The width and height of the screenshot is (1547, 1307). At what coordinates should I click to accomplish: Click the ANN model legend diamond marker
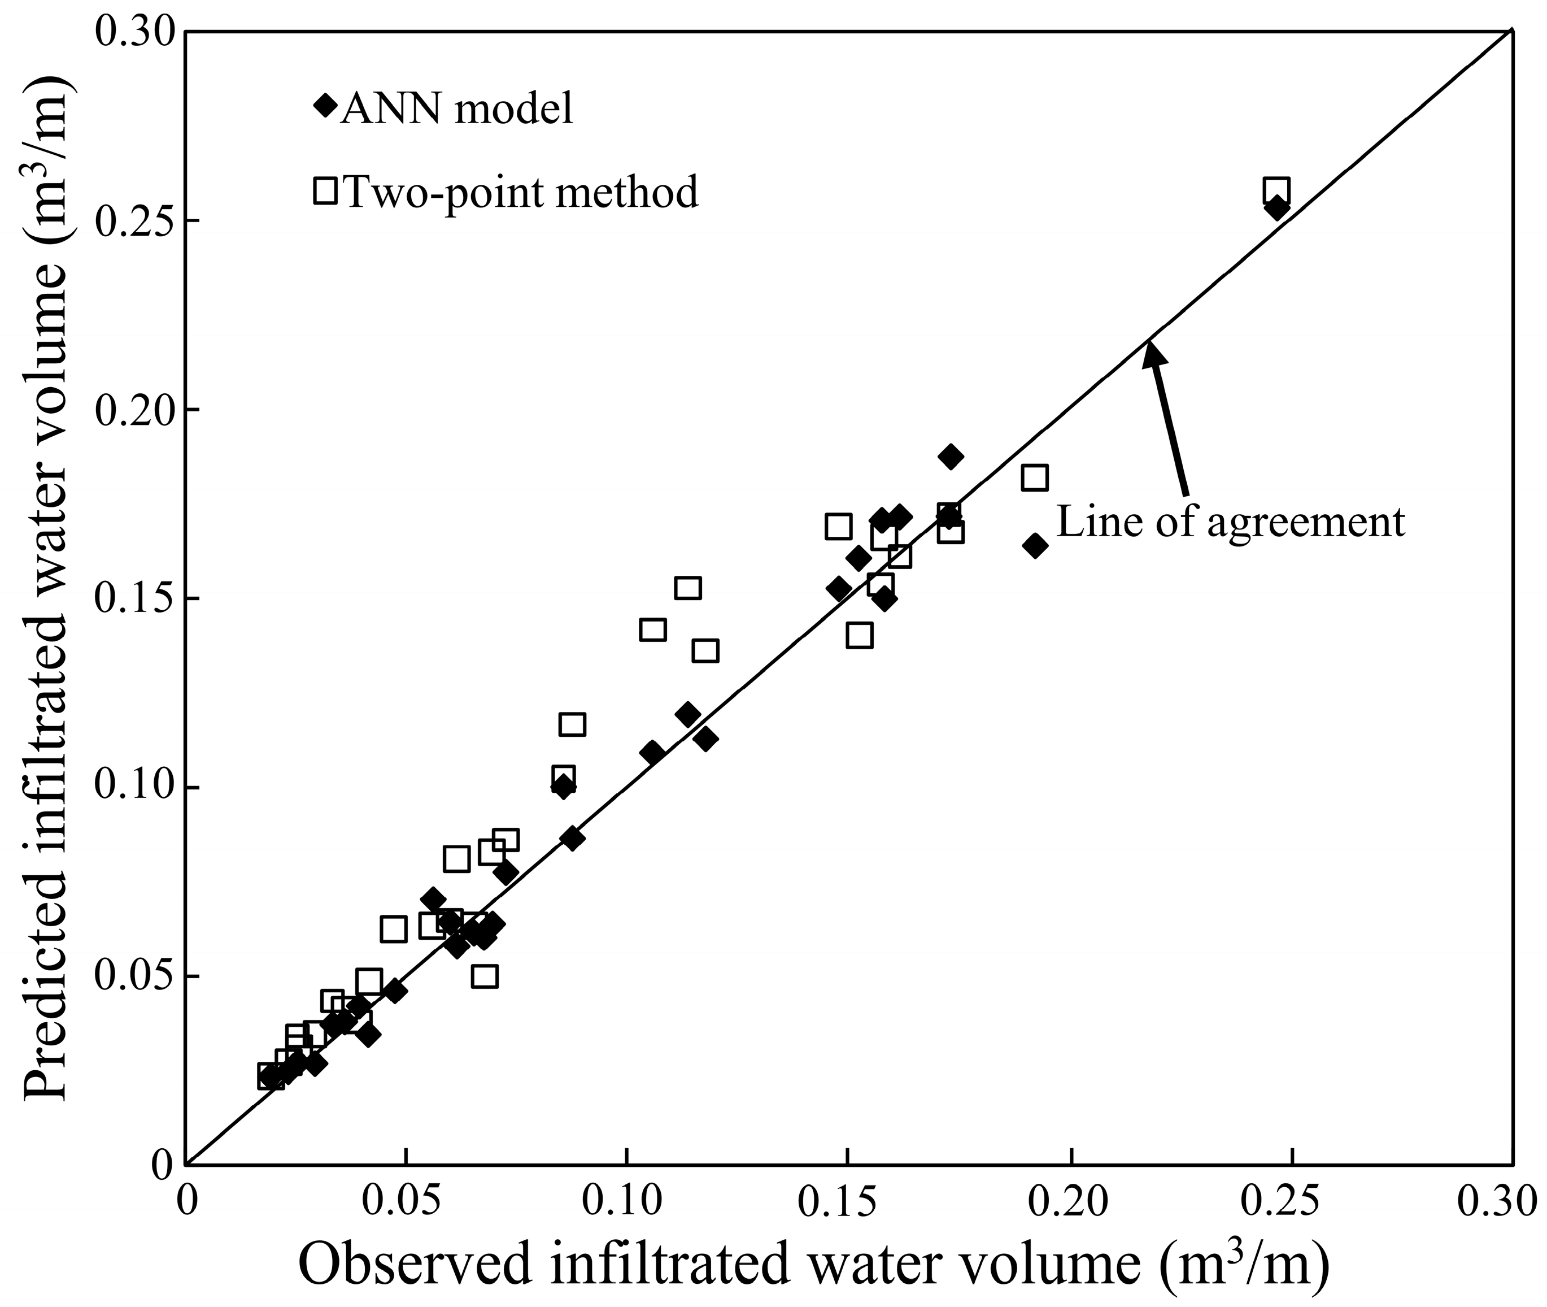[x=324, y=105]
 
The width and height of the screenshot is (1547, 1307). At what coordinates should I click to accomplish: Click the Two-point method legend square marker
[x=325, y=190]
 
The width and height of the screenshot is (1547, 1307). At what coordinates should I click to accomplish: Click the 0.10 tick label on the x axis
[x=626, y=1201]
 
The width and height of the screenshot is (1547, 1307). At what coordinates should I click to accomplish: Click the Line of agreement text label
[x=1230, y=522]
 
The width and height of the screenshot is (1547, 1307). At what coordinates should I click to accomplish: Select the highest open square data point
[x=1276, y=190]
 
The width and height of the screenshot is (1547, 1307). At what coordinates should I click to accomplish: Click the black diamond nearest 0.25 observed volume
[x=1276, y=208]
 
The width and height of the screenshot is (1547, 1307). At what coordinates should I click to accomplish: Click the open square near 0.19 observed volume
[x=1035, y=478]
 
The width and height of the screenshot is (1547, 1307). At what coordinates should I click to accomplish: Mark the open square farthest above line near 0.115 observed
[x=688, y=588]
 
